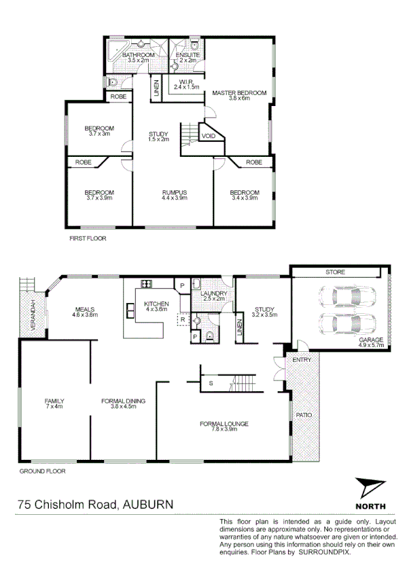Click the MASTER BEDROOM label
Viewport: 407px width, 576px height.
tap(239, 93)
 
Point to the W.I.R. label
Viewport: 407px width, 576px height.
tap(184, 82)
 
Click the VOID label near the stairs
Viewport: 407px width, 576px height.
tap(209, 137)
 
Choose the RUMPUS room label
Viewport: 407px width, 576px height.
tap(175, 192)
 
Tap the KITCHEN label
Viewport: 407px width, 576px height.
tap(156, 304)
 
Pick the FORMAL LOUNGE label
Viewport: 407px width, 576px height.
tap(224, 425)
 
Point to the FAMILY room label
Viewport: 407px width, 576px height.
tap(54, 401)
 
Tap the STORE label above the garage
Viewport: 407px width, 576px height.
tap(335, 272)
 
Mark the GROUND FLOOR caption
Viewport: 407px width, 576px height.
tap(43, 471)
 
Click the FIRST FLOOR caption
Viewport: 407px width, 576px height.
tap(88, 238)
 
